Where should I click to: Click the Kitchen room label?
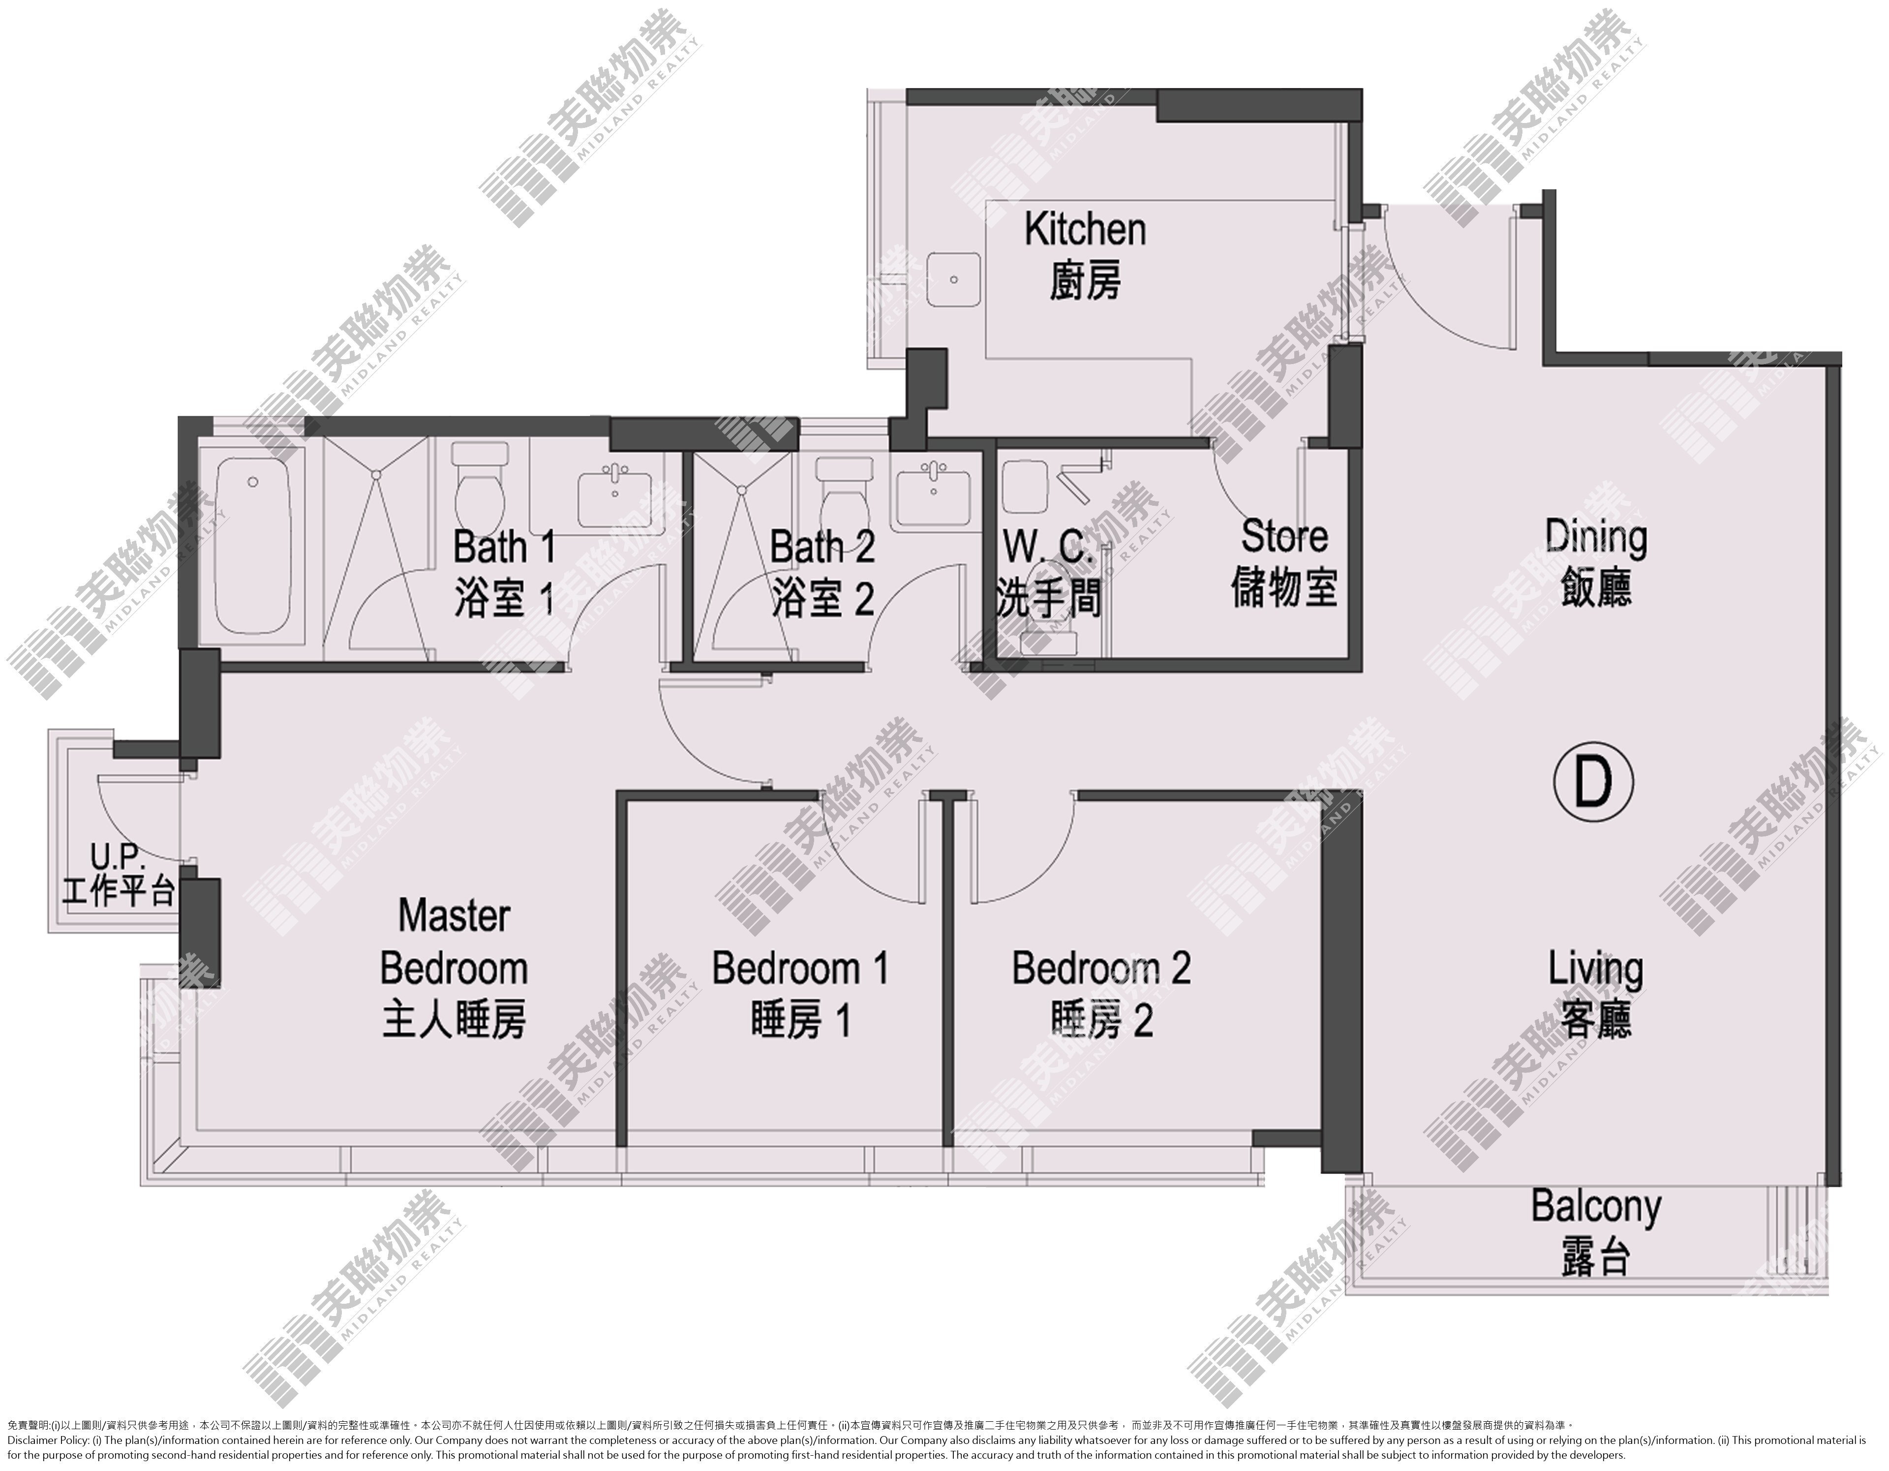[x=1086, y=256]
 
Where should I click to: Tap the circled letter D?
[x=1593, y=781]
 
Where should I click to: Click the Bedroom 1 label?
[x=800, y=994]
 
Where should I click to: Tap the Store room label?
[x=1284, y=563]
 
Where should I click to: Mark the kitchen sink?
[x=953, y=281]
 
